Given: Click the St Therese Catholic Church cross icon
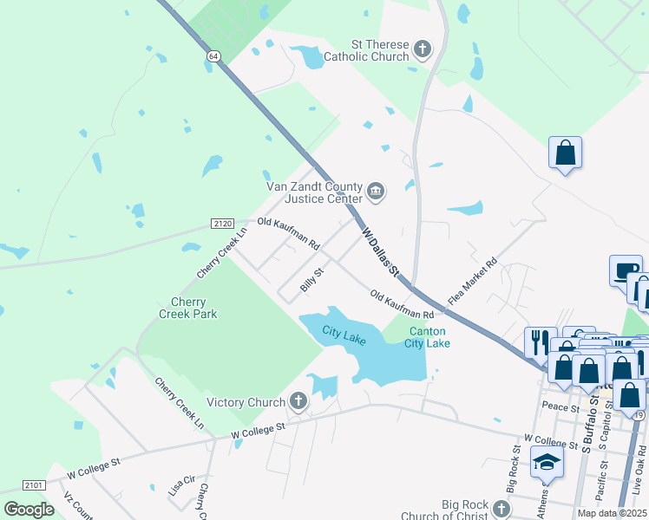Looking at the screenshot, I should (422, 49).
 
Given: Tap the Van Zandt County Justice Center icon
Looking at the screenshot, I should (376, 191).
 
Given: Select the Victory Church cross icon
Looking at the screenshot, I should (298, 401).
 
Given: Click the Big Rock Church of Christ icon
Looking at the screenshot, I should (501, 508).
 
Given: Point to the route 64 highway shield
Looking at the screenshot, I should (212, 55).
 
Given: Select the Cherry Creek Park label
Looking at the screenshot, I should (187, 308).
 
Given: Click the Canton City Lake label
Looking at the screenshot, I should (427, 337).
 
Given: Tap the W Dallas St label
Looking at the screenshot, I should (379, 251).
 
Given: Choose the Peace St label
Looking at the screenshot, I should (560, 406).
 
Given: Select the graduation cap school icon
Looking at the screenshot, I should (547, 462).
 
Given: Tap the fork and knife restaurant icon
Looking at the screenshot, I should (540, 339).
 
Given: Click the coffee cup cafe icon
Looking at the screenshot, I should (625, 270).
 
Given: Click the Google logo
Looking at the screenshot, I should (29, 510).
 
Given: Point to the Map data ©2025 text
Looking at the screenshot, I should (613, 513).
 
